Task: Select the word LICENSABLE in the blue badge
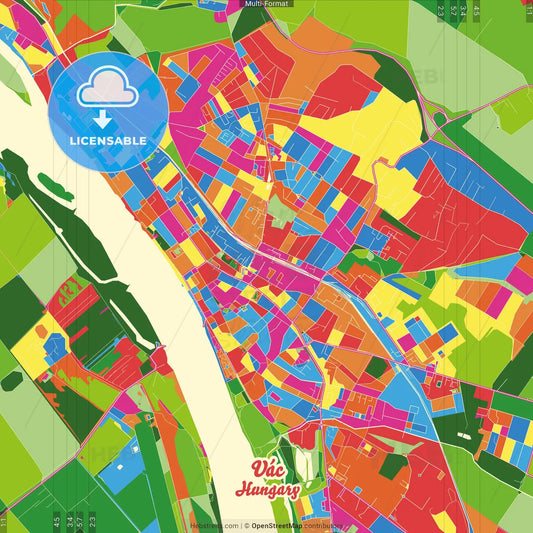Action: point(108,140)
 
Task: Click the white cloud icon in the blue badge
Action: point(108,91)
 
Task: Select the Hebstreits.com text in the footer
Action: point(214,525)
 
